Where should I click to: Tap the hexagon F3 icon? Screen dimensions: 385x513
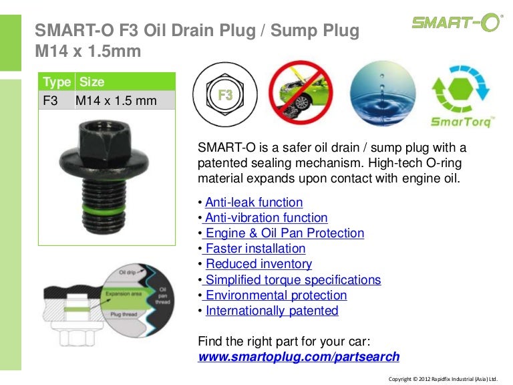tap(225, 96)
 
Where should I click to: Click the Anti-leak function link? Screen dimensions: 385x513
tap(254, 203)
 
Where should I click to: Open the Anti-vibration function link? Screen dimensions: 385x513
tap(266, 218)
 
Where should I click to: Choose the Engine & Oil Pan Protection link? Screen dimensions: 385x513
tap(285, 233)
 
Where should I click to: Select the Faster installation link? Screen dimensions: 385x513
tap(255, 249)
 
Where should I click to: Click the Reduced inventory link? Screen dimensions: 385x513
tap(259, 264)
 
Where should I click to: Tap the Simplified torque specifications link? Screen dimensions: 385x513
tap(293, 280)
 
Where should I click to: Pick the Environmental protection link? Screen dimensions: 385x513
tap(276, 295)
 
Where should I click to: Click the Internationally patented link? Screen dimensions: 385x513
tap(272, 311)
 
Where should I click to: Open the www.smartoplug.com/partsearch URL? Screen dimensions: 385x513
tap(299, 356)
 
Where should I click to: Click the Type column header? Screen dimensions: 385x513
tap(57, 82)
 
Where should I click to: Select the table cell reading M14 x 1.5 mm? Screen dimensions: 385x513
tap(116, 101)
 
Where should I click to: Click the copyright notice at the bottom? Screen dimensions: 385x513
tap(443, 378)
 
